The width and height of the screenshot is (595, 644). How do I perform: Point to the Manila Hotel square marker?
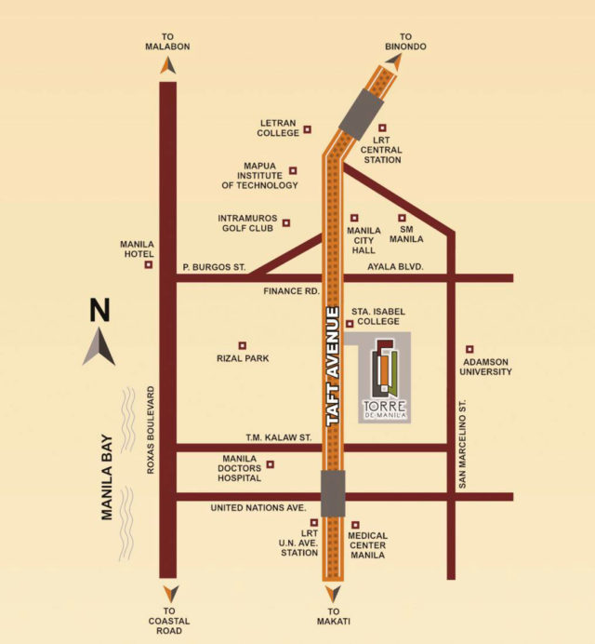click(148, 265)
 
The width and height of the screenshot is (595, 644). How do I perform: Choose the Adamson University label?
click(486, 366)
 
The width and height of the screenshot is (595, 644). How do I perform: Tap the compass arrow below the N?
click(99, 350)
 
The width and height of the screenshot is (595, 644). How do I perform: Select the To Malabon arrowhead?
click(167, 66)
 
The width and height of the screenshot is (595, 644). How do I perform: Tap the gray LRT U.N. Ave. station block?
click(332, 493)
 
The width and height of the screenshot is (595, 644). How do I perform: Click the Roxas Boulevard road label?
click(148, 432)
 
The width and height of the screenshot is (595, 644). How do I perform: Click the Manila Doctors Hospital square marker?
click(271, 463)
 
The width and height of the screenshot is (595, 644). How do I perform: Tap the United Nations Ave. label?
click(258, 508)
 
